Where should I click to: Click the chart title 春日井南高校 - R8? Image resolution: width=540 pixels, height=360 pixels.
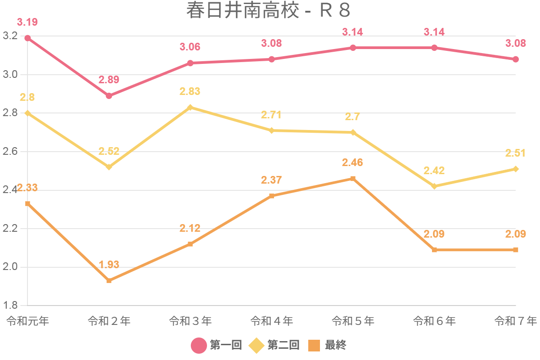pos(268,11)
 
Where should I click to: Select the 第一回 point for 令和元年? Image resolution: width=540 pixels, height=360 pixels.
pos(27,38)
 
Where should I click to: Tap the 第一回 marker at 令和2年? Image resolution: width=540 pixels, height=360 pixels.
pos(109,96)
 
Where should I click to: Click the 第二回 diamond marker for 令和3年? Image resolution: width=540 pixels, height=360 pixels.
pos(190,108)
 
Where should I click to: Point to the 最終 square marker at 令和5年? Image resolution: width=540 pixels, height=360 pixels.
pos(353,179)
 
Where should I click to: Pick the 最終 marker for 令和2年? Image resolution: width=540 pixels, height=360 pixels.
pos(109,280)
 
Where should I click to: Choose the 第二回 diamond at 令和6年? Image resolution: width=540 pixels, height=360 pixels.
pos(434,186)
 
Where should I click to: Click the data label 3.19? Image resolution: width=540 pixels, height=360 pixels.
pos(27,22)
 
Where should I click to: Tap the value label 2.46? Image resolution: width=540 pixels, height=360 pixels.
pos(352,162)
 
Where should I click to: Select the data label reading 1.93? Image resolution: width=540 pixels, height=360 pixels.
pos(109,265)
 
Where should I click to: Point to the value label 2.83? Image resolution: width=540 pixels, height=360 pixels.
pos(190,91)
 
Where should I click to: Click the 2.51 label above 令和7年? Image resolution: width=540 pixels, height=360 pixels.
pos(515,153)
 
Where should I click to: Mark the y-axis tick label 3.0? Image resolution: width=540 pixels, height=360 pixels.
pos(10,75)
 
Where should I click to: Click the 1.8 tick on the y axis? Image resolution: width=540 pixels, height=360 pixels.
pos(10,306)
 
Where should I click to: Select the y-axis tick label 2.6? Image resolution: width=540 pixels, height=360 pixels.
pos(10,152)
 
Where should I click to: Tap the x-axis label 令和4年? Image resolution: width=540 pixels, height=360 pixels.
pos(272,321)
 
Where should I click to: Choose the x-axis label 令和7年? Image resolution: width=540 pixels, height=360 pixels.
pos(516,321)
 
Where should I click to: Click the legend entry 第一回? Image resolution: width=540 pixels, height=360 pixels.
pos(225,345)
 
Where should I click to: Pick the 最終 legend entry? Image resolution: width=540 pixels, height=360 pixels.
pos(335,345)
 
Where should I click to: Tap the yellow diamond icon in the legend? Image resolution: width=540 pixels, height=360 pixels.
pos(256,346)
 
